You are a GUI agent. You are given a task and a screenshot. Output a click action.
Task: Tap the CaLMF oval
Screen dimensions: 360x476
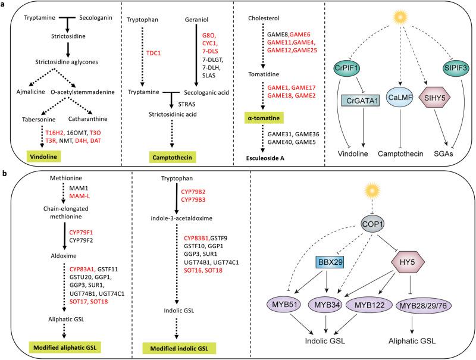(x=395, y=96)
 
